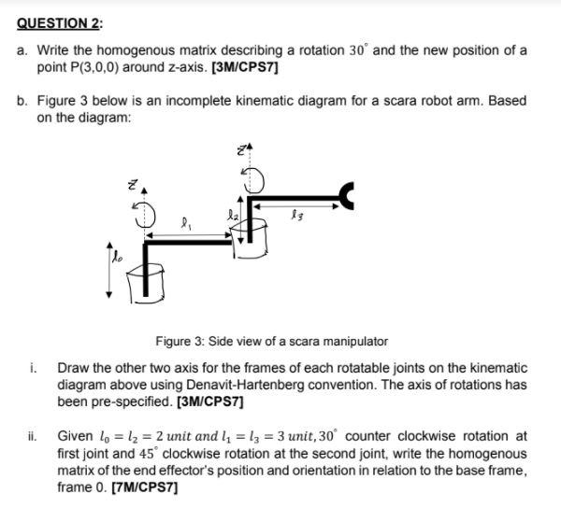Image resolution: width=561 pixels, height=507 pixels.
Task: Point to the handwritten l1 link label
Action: tap(190, 224)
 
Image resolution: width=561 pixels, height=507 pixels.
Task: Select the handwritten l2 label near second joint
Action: tap(234, 214)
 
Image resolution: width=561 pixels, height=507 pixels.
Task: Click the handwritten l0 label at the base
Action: tap(116, 250)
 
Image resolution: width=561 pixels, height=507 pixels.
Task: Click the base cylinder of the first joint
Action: tap(144, 280)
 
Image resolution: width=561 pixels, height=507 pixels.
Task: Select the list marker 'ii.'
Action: tap(33, 435)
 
